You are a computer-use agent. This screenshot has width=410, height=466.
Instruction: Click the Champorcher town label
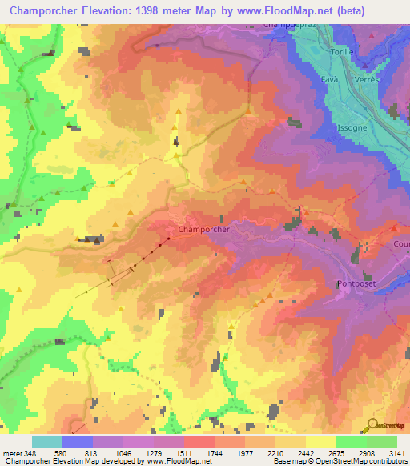[204, 229]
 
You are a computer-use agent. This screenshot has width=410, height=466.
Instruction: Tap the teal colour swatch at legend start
[47, 441]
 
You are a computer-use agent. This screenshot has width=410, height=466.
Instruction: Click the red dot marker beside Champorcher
[169, 239]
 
